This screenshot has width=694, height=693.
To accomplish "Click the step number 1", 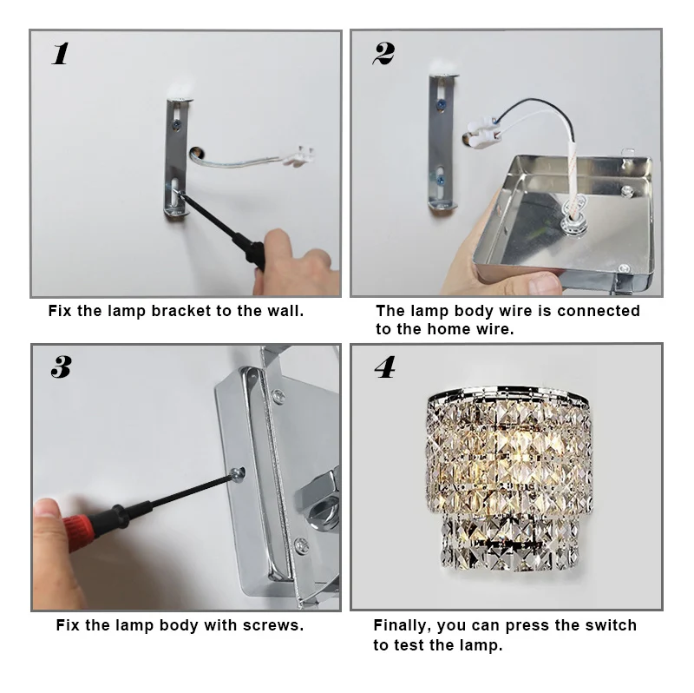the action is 60,54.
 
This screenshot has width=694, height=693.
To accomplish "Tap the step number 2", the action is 383,54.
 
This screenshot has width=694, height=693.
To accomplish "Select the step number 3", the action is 61,367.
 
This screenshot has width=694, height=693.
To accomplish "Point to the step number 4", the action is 384,367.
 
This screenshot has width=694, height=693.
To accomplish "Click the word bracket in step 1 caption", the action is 181,311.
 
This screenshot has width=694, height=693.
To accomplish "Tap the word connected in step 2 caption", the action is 599,311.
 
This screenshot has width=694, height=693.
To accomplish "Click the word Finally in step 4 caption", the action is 403,625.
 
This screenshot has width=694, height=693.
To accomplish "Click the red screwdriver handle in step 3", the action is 81,527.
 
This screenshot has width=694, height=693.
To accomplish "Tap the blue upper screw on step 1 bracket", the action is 177,125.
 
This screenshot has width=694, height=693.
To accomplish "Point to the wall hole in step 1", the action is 197,154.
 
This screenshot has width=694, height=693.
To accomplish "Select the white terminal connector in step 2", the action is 483,132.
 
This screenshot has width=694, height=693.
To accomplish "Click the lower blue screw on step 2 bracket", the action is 441,180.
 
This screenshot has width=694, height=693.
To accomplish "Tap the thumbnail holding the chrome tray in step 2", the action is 545,283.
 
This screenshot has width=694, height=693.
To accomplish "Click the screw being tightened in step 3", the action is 238,474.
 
